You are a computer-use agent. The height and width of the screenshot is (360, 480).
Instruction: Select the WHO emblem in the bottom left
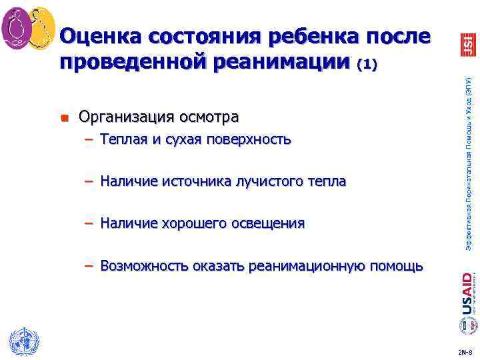tap(21, 341)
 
